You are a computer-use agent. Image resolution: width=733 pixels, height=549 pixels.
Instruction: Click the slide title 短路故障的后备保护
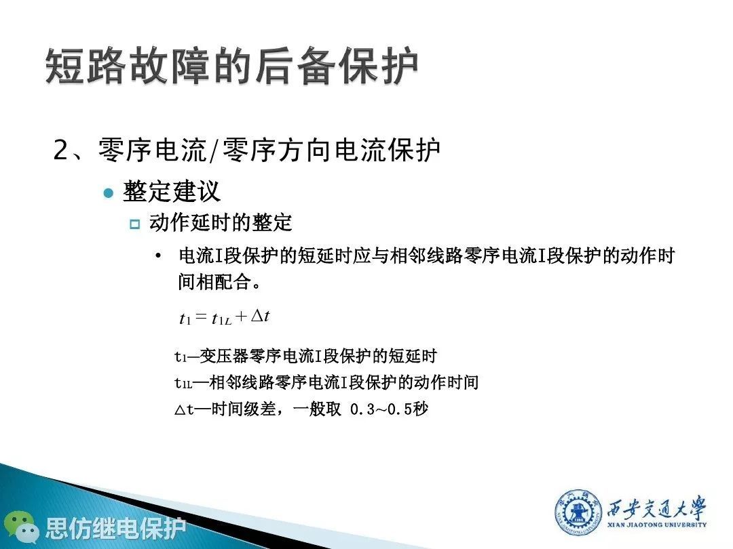(231, 66)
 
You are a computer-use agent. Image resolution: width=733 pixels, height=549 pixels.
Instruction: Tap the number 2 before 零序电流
(61, 150)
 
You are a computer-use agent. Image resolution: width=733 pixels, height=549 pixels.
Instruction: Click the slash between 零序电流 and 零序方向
(214, 150)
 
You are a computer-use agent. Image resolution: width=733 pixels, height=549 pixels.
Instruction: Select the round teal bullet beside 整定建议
(109, 192)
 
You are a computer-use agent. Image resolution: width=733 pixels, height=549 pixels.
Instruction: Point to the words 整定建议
(171, 191)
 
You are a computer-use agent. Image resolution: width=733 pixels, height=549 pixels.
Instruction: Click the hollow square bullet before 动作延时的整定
(134, 224)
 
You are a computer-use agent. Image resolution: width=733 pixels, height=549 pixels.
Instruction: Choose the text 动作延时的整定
(221, 223)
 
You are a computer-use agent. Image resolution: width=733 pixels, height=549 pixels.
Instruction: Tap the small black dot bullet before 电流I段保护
(158, 256)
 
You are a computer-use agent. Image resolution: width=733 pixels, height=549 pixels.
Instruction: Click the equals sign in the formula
(201, 317)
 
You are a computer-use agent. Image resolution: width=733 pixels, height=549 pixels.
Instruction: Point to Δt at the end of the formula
(261, 316)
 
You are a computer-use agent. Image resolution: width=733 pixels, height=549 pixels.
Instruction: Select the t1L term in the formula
(221, 319)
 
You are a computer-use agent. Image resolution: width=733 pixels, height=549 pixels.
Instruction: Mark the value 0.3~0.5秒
(389, 409)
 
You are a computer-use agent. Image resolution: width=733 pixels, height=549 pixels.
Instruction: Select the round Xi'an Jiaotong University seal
(578, 512)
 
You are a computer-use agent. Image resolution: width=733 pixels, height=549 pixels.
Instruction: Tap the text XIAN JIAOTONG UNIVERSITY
(657, 525)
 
